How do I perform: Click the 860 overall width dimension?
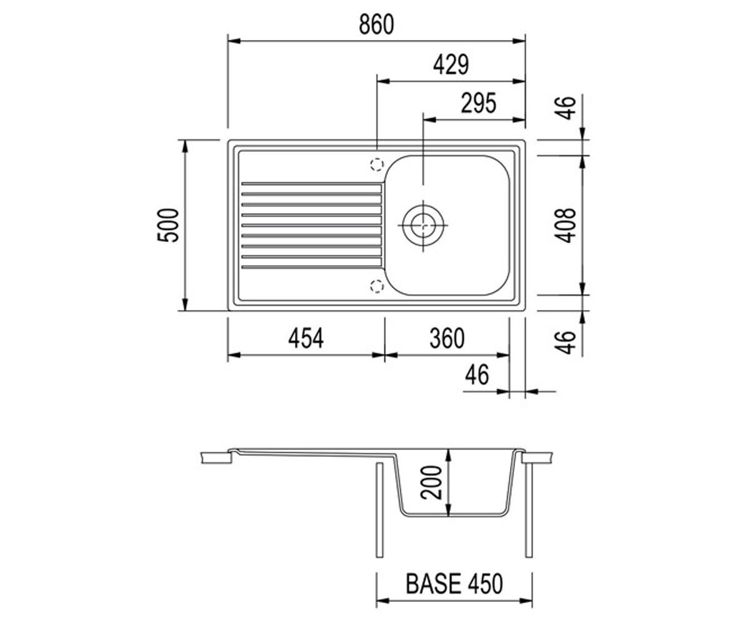pos(376,24)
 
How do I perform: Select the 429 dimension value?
pos(451,64)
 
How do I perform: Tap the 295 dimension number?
pos(479,103)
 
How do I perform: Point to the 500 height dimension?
pos(168,225)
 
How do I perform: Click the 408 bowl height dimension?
pos(565,225)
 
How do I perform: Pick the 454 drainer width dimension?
pos(306,338)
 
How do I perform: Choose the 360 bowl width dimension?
pos(447,338)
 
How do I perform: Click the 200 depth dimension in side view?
pos(431,482)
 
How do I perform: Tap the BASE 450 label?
pos(454,584)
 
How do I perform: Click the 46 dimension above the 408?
pos(565,107)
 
